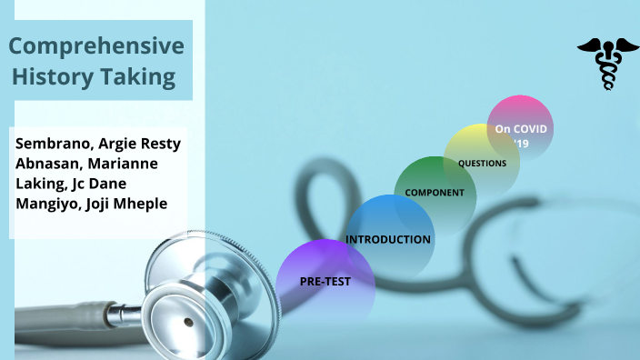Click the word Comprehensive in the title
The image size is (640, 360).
coord(95,47)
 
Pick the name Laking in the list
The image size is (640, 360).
coord(39,184)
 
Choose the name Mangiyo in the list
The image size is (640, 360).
coord(47,203)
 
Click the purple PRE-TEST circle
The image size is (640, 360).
coord(325,281)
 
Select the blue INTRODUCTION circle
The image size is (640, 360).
coord(390,227)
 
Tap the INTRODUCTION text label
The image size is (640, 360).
coord(388,240)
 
